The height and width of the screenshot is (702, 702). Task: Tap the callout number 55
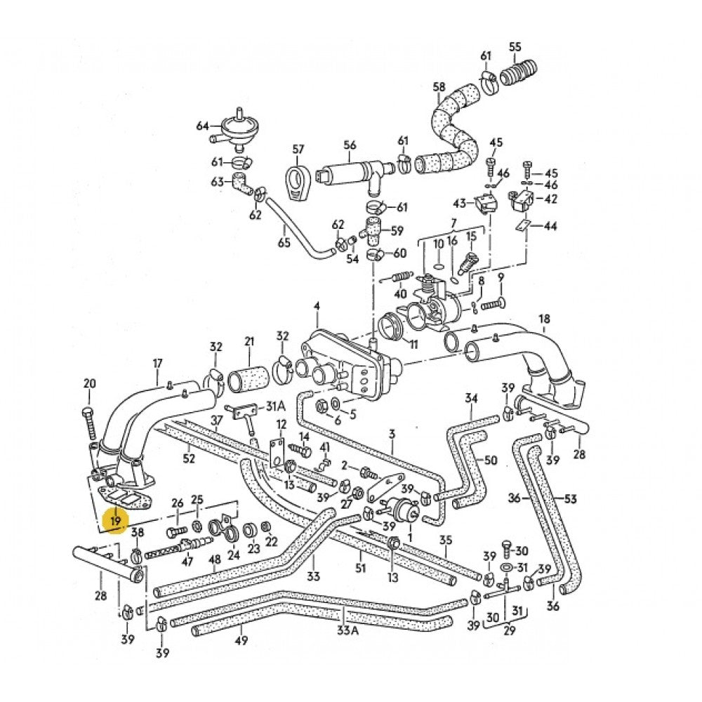[516, 47]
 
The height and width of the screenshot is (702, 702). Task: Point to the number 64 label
[203, 126]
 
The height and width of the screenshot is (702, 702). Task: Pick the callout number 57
[298, 149]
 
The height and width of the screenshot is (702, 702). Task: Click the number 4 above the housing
[317, 306]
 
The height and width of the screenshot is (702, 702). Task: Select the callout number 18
[544, 319]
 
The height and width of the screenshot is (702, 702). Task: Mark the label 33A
[347, 630]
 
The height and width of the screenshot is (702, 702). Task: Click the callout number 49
[241, 640]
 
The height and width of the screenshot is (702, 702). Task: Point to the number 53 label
[570, 498]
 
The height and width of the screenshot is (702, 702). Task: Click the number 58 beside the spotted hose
[439, 87]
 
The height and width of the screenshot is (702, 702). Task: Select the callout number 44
[551, 226]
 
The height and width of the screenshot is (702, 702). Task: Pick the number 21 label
[249, 342]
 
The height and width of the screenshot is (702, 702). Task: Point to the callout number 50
[491, 460]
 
